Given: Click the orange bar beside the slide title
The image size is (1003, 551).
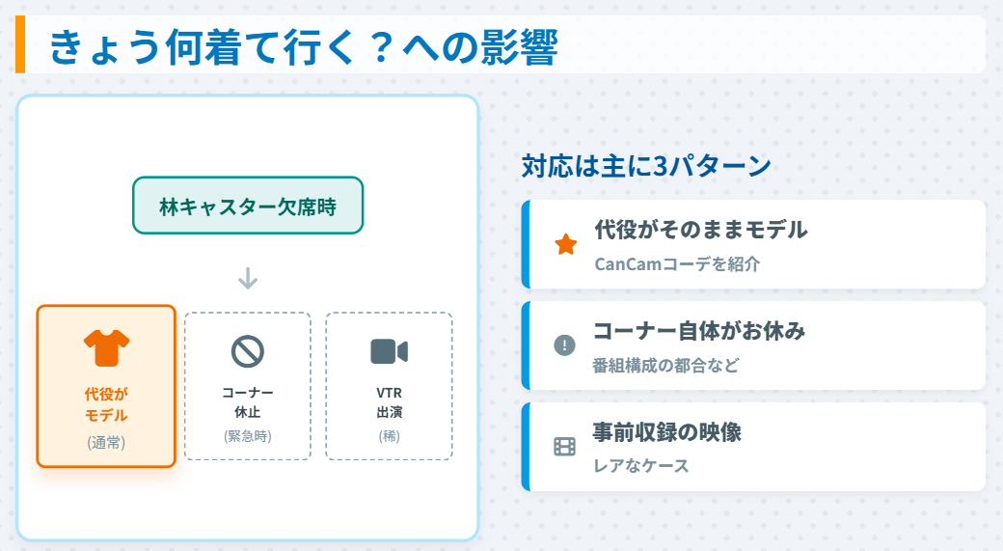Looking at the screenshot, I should point(20,44).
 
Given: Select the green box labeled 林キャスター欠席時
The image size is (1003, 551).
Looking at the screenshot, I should point(248,206).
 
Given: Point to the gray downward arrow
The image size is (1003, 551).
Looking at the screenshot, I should point(248,279).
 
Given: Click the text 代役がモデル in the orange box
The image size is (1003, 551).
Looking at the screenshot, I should point(106,404).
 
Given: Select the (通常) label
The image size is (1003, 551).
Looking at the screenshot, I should point(106,443).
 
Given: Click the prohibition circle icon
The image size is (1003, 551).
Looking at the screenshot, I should point(248,351).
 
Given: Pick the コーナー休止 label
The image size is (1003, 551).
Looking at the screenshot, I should point(248,402).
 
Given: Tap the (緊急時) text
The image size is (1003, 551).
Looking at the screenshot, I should point(248,435).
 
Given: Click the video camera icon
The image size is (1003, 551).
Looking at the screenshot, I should point(389,351).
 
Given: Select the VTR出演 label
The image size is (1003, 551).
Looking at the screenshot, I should point(389,402).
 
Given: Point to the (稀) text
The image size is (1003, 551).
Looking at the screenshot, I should point(389,435).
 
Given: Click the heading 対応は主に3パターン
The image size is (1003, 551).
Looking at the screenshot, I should point(646,166).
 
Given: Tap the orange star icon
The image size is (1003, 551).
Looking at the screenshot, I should point(565,245).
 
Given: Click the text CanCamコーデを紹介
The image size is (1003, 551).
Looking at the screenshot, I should point(677,263).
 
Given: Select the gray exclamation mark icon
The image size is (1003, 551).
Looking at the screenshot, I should point(565,345).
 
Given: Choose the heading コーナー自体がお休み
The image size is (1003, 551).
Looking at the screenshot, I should point(699,331).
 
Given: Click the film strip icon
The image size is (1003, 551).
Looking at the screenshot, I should point(565,446).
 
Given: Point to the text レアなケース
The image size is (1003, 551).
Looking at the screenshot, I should point(641,465).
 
